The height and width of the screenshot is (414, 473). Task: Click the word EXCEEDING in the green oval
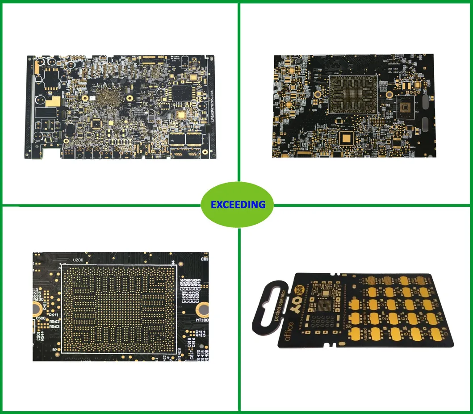tap(238, 205)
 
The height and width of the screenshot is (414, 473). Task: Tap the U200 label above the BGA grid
tap(78, 259)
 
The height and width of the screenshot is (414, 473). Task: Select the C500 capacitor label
tap(40, 318)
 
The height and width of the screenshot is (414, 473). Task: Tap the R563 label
tap(54, 326)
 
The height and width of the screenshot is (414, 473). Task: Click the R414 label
tap(201, 332)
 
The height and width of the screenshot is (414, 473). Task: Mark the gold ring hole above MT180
tap(202, 308)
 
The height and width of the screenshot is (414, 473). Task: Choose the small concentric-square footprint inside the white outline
tap(405, 107)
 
